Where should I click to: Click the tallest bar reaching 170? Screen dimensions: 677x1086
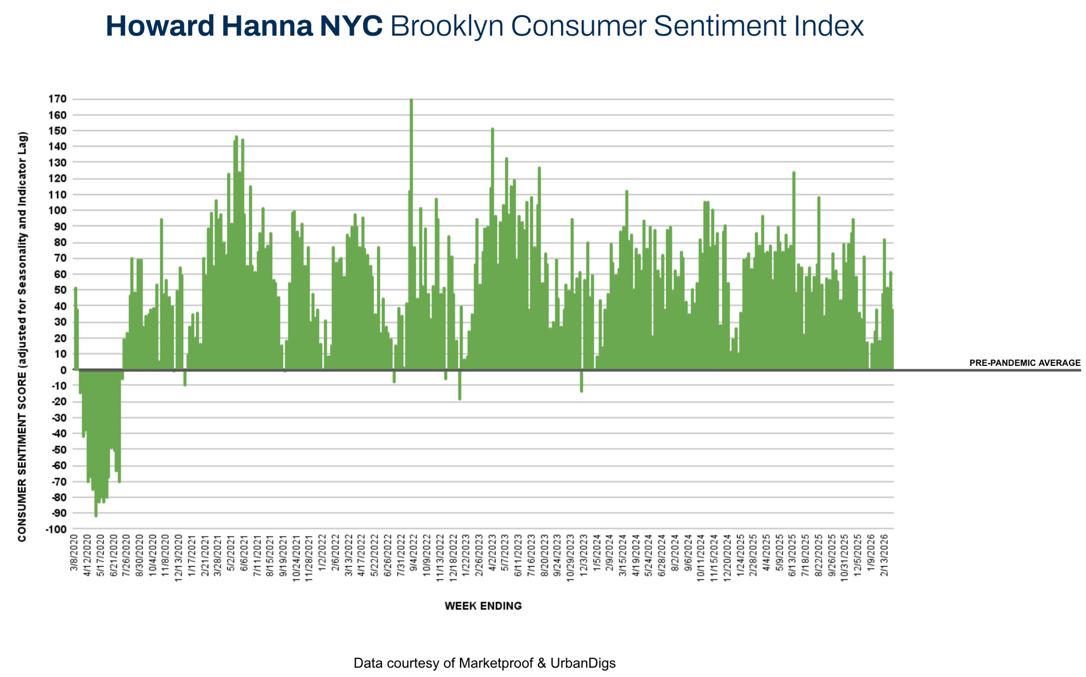point(411,226)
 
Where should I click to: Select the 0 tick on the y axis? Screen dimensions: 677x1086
point(63,370)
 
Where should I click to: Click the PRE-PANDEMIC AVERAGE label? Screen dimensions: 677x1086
point(1024,363)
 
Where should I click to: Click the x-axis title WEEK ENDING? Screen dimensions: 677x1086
point(483,606)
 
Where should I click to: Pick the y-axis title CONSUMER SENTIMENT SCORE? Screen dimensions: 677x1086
point(23,337)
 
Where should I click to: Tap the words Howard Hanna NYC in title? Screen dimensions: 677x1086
point(244,27)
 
